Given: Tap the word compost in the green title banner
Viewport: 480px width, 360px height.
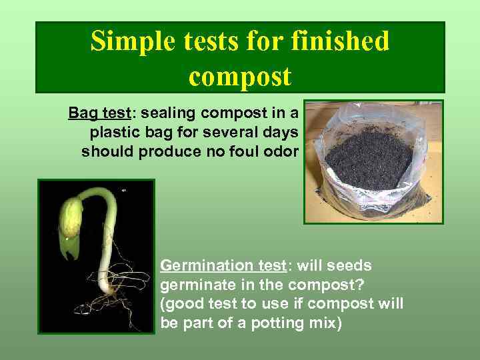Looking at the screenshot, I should pyautogui.click(x=240, y=76).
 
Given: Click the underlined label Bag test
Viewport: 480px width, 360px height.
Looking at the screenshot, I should pyautogui.click(x=95, y=111).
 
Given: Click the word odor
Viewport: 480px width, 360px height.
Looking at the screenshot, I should pyautogui.click(x=283, y=151).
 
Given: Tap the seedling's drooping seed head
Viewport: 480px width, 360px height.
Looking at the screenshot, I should pyautogui.click(x=71, y=221).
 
